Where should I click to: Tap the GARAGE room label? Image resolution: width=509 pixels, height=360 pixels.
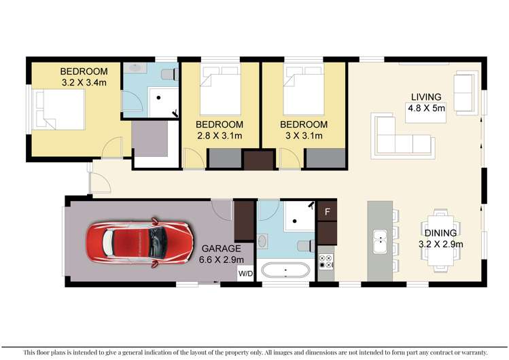[221, 249]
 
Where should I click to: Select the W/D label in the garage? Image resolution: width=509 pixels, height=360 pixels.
[244, 274]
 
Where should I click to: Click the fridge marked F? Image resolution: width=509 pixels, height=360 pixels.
[328, 211]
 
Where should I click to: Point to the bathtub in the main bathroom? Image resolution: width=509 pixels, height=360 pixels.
[285, 271]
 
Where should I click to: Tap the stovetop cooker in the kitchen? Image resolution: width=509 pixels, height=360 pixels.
[326, 262]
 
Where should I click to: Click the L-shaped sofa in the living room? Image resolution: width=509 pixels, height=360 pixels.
[401, 134]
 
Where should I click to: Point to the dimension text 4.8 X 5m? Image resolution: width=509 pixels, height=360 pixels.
[425, 108]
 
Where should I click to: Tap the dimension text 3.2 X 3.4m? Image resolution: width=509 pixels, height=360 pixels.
[84, 84]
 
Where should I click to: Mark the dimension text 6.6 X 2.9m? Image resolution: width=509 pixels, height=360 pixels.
[221, 260]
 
